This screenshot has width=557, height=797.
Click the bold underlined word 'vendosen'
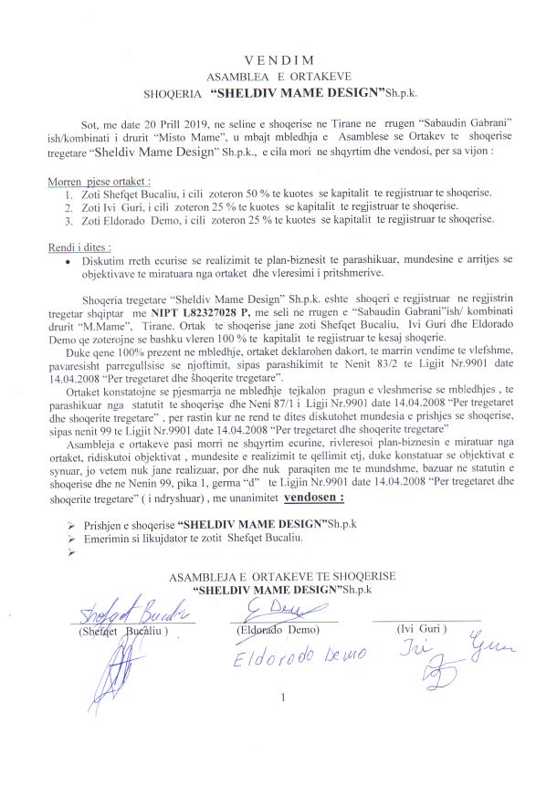click(x=316, y=499)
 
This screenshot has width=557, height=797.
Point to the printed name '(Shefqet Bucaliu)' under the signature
click(x=124, y=634)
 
